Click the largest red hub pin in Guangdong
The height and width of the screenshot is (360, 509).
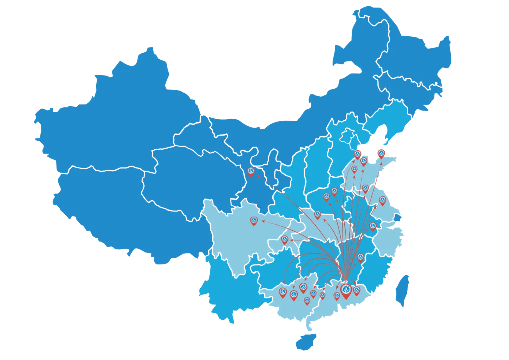[346, 290]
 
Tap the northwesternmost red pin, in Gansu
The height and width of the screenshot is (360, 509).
[251, 171]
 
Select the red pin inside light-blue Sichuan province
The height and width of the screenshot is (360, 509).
[254, 220]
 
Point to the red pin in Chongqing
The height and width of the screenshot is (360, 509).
[285, 239]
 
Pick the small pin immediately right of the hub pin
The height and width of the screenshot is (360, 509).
[357, 290]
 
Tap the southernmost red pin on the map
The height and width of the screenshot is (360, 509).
[307, 300]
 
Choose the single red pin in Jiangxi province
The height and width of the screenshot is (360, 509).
[361, 257]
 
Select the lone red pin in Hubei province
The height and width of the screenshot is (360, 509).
[317, 214]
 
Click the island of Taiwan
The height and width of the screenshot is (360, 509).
[402, 291]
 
